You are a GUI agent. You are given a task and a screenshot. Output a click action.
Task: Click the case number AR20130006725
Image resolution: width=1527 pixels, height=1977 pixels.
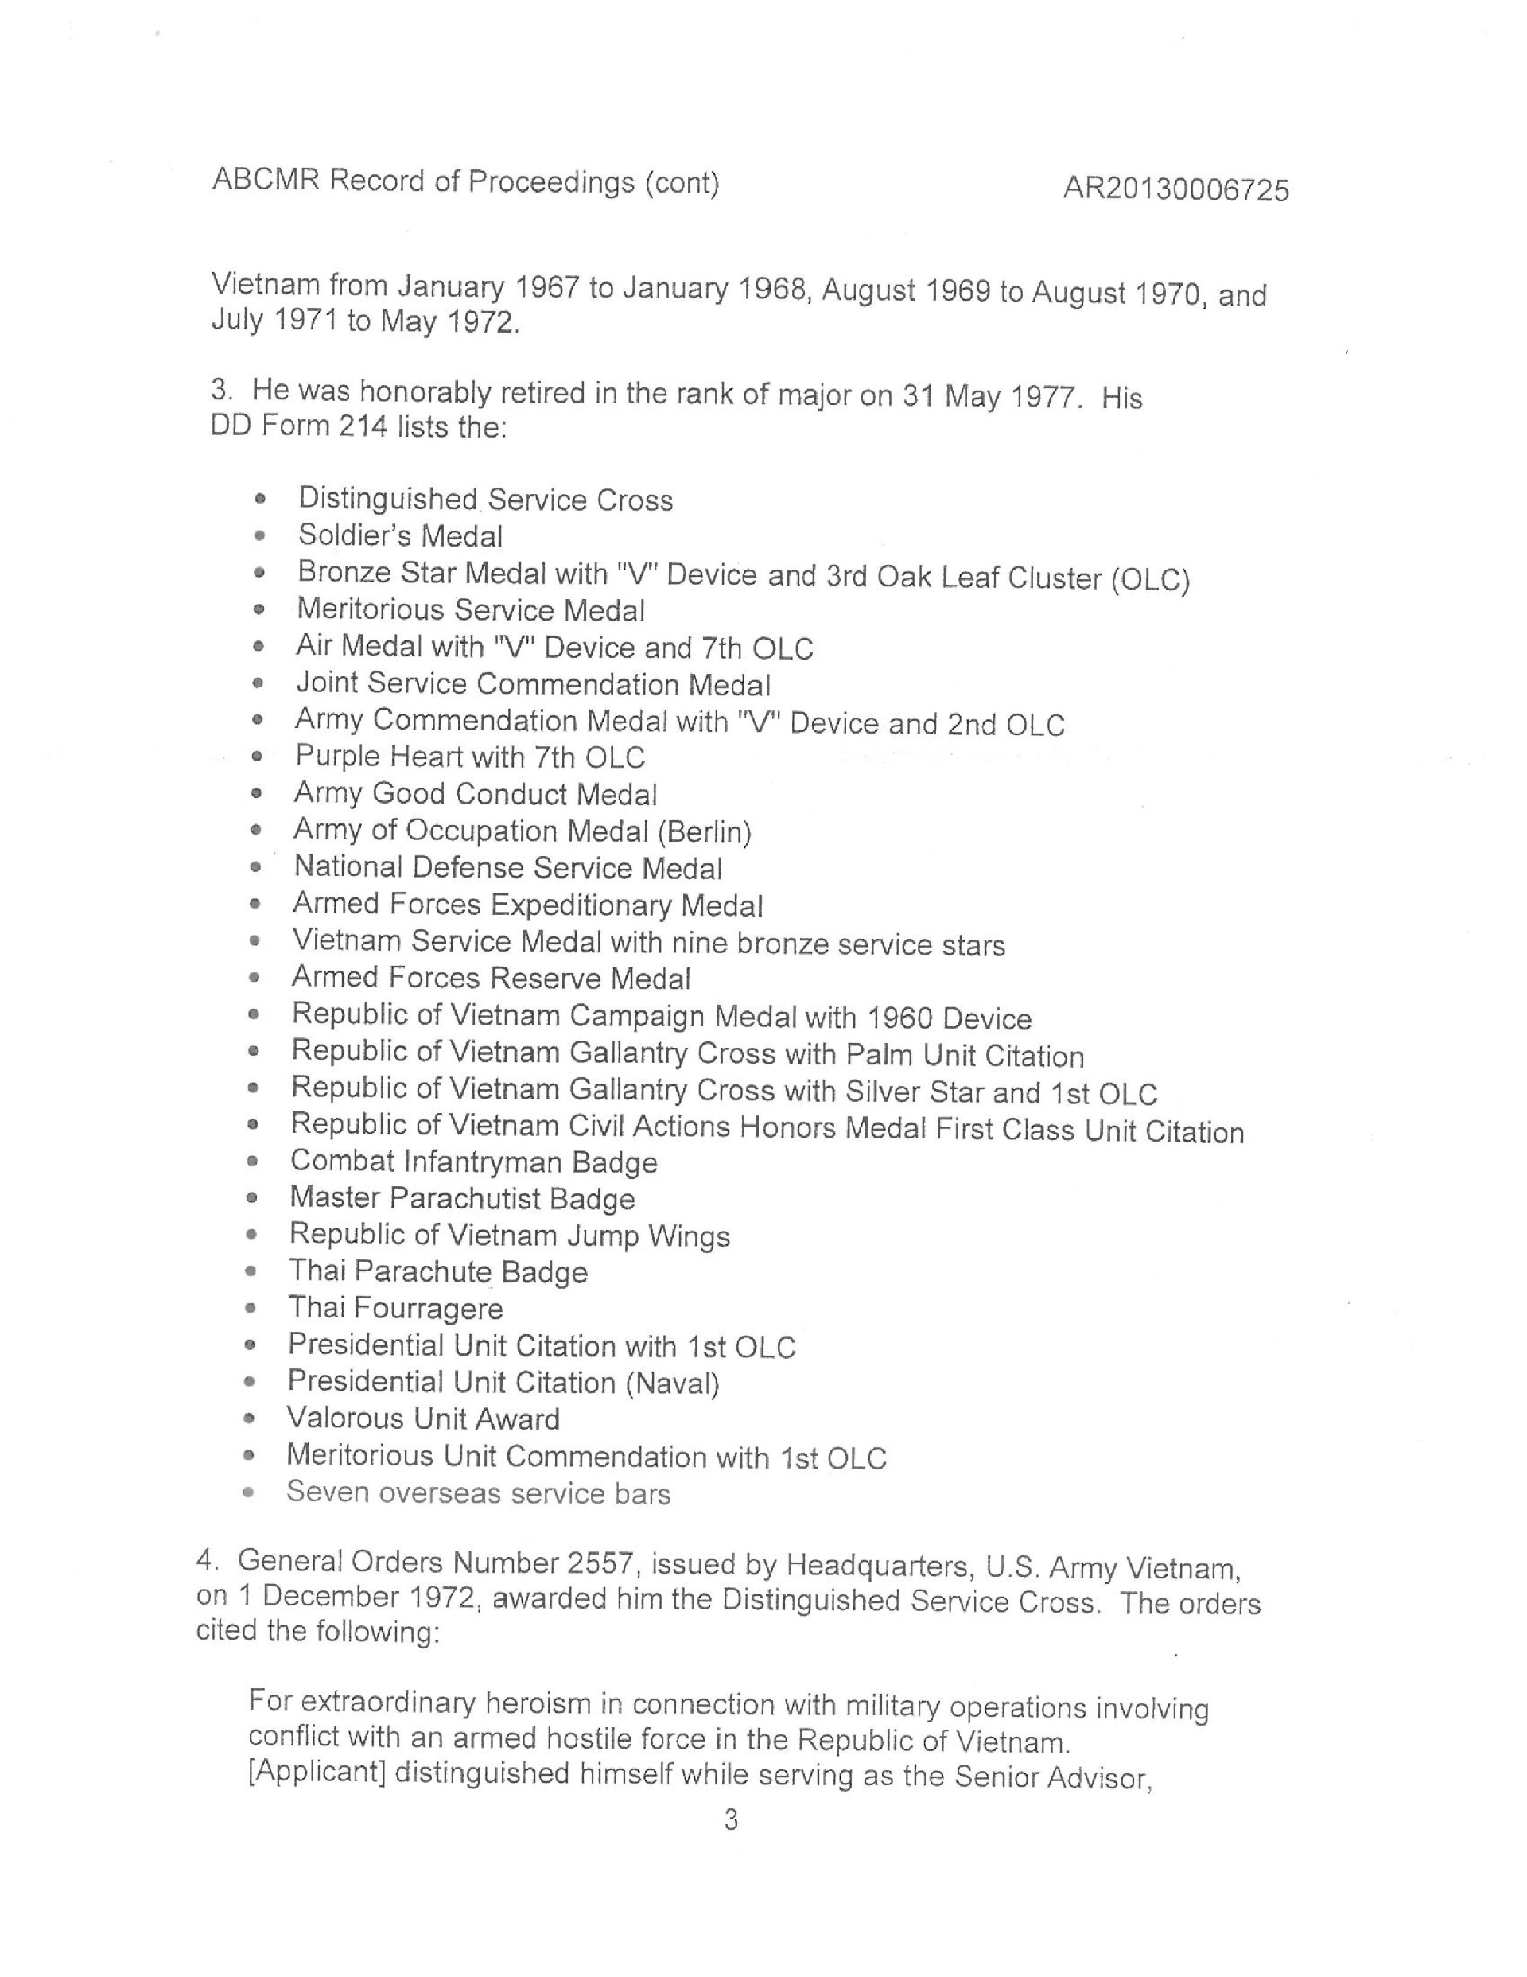[1175, 189]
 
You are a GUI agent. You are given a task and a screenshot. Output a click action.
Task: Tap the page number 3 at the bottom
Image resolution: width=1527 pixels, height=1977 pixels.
[732, 1819]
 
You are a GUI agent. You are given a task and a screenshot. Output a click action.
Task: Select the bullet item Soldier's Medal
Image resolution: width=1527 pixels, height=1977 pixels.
[400, 536]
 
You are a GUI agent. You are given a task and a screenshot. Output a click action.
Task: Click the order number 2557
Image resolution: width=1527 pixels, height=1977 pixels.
[604, 1564]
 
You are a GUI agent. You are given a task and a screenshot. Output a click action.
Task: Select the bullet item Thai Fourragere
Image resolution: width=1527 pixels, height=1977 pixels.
[395, 1309]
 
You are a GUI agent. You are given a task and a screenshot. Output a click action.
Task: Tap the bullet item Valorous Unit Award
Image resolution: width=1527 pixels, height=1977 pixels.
[422, 1419]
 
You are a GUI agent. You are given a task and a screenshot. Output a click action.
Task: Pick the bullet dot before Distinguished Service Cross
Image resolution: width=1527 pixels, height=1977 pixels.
[261, 499]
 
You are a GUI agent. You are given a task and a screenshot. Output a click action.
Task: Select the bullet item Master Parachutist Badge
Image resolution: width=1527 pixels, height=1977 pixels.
[461, 1198]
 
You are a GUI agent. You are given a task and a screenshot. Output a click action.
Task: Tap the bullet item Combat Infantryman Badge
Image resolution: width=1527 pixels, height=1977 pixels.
[473, 1162]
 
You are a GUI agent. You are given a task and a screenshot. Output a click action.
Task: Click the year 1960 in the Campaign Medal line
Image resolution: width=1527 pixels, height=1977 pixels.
[899, 1018]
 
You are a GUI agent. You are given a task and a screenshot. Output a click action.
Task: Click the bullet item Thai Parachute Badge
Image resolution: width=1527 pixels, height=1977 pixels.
[438, 1272]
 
